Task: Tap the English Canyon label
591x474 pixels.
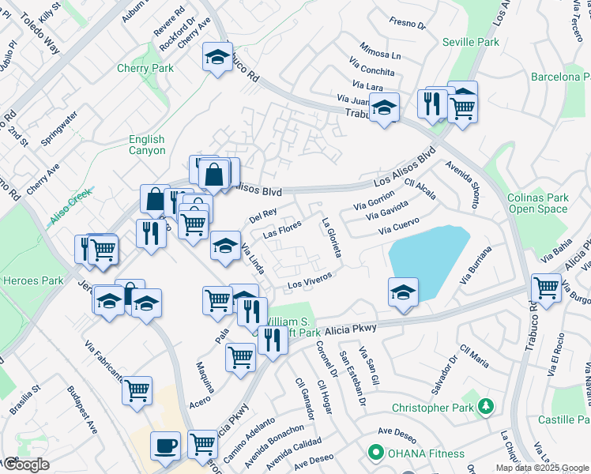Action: [x=147, y=145]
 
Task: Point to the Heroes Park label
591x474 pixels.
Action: [x=32, y=280]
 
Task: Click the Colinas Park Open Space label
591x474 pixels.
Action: [x=537, y=204]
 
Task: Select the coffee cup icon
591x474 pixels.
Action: [x=166, y=445]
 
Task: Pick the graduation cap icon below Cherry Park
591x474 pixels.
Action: [x=216, y=57]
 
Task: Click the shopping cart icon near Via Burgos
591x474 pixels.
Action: [x=546, y=287]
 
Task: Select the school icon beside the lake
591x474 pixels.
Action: [x=403, y=292]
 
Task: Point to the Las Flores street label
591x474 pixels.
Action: [x=282, y=230]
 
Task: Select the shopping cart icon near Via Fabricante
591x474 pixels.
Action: [x=137, y=390]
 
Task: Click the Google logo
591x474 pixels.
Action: [x=25, y=465]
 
